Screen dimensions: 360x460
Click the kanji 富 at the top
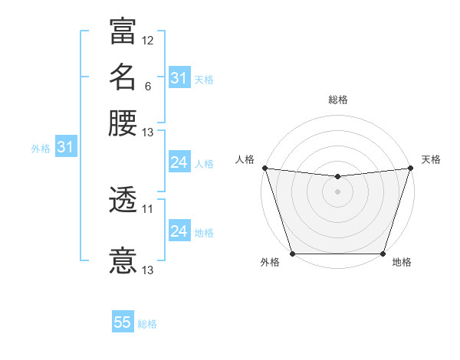[123, 31]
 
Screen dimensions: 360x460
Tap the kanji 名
[123, 77]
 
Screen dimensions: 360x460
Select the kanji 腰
[123, 123]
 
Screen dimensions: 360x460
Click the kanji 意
[123, 260]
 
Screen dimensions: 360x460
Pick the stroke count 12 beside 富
[148, 41]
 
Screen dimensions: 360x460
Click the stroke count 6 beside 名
[147, 87]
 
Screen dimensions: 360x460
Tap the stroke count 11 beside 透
[148, 208]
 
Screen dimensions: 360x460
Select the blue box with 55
[123, 322]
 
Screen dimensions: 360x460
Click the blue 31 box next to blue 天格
[179, 78]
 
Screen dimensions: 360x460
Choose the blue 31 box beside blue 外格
[65, 148]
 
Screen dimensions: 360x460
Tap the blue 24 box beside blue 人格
[179, 162]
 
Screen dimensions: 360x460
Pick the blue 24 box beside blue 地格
[179, 231]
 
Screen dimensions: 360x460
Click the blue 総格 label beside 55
[148, 324]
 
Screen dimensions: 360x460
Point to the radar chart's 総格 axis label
[338, 100]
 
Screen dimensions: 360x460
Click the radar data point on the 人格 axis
[264, 168]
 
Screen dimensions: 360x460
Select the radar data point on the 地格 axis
[383, 254]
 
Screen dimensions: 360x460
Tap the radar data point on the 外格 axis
[293, 254]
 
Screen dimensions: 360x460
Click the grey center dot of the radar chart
[337, 191]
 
